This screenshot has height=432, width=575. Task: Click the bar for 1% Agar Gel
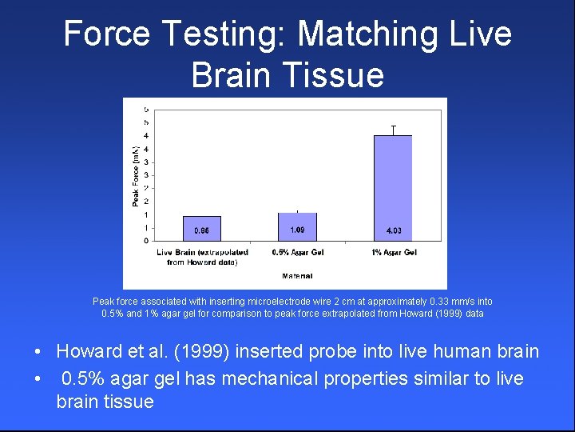pos(393,187)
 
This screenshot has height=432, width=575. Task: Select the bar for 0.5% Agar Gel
pos(297,226)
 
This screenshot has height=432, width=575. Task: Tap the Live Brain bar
pos(202,228)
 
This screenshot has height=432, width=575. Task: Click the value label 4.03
pos(393,230)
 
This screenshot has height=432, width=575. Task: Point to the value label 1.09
pos(297,230)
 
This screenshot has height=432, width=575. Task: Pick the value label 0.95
pos(202,231)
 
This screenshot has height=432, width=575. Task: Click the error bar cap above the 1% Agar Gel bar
pos(393,126)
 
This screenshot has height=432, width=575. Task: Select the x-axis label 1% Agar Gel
pos(394,253)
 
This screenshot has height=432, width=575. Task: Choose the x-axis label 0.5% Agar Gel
pos(297,253)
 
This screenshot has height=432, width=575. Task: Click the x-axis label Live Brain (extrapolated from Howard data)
pos(202,257)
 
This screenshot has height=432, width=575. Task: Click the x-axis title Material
pos(297,276)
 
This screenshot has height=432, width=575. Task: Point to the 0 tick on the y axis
pos(145,240)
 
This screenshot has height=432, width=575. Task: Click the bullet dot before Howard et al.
pos(38,353)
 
